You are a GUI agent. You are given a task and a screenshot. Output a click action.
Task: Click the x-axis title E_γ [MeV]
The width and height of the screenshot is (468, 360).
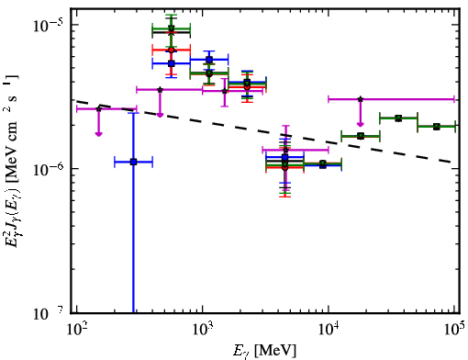(264, 351)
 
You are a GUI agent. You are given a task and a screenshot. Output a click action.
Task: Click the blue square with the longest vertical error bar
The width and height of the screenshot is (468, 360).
(133, 162)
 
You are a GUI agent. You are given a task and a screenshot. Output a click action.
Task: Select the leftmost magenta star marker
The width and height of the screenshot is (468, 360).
(99, 109)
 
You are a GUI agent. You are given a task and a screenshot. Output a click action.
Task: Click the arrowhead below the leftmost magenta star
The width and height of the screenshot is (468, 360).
(98, 134)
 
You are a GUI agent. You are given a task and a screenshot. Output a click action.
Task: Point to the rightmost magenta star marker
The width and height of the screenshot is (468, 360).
(361, 99)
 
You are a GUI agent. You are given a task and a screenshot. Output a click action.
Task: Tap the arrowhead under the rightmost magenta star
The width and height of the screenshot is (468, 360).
(361, 124)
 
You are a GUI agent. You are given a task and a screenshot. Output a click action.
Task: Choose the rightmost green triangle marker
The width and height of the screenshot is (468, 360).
(437, 127)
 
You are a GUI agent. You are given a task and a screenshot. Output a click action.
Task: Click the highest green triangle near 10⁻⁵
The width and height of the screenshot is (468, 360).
(172, 28)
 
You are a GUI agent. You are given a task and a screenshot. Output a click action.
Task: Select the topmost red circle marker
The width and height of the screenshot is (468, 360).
(172, 50)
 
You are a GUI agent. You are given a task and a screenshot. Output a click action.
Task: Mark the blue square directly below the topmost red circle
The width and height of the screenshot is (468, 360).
(172, 63)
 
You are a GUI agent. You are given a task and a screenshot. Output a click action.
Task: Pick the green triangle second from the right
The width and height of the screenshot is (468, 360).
(398, 118)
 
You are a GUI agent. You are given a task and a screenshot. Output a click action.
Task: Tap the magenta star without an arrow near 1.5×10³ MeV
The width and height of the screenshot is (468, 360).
(225, 91)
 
